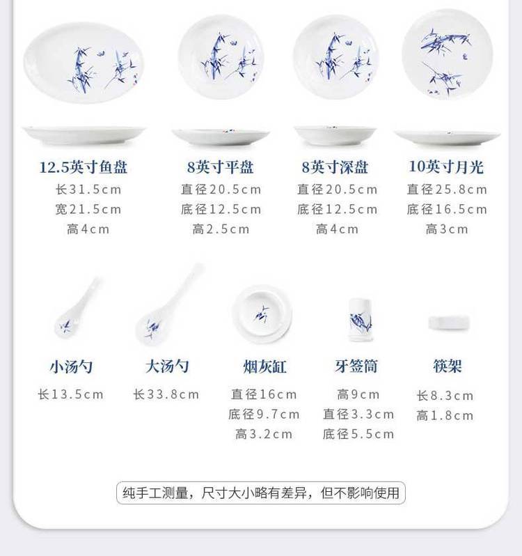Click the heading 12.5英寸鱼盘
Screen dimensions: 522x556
click(x=84, y=167)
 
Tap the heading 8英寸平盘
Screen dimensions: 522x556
click(x=220, y=167)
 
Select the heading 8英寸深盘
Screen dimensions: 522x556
click(x=335, y=167)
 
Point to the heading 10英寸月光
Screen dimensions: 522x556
click(x=446, y=167)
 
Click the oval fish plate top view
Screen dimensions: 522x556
click(x=84, y=63)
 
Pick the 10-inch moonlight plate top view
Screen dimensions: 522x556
click(x=448, y=54)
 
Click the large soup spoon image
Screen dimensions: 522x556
click(x=169, y=304)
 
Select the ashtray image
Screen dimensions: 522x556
click(x=262, y=314)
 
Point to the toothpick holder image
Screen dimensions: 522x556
click(x=361, y=321)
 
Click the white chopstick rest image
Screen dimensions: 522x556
click(x=449, y=323)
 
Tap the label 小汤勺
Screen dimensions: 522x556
click(x=71, y=366)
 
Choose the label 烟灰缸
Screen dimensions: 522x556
click(x=264, y=366)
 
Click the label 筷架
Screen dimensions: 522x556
click(x=448, y=366)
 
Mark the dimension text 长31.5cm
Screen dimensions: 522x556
click(x=88, y=190)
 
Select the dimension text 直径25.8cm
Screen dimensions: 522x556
click(x=447, y=190)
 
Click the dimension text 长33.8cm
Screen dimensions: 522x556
click(x=166, y=394)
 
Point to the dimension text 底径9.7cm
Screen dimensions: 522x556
click(x=264, y=415)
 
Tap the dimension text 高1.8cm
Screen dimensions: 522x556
click(x=445, y=415)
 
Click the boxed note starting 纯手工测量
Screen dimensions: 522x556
click(x=261, y=493)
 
